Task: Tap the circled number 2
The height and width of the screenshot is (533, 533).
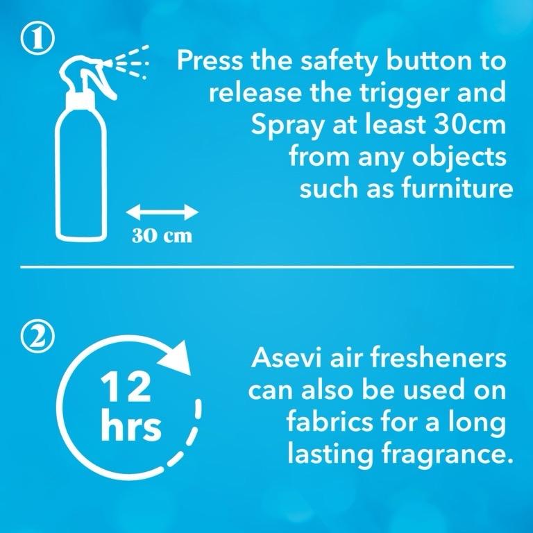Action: click(x=37, y=338)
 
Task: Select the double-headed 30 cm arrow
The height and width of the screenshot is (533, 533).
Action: click(x=162, y=212)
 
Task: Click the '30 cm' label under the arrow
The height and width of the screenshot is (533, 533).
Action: click(x=162, y=235)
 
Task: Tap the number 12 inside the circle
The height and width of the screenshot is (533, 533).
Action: click(x=125, y=387)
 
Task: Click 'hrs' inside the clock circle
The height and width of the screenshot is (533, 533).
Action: click(x=131, y=424)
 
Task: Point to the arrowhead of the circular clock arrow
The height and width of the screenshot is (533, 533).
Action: click(x=177, y=358)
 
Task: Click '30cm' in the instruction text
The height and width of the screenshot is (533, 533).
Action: click(x=469, y=124)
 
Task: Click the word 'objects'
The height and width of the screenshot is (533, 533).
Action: click(x=459, y=157)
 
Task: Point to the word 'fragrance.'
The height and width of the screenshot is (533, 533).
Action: click(x=447, y=454)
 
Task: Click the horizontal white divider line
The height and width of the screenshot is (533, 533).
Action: click(x=267, y=267)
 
